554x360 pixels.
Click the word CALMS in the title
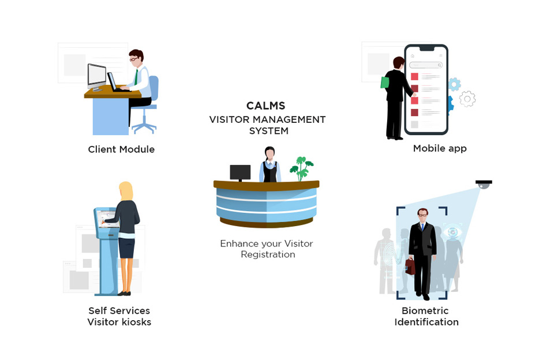[x=265, y=106]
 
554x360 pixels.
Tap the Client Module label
[x=121, y=149]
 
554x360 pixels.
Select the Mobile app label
[x=439, y=148]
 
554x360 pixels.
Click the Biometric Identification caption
[x=426, y=317]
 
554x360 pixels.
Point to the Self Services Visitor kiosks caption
[x=119, y=317]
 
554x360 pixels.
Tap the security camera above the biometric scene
[x=483, y=183]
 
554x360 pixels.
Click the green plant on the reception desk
[x=301, y=168]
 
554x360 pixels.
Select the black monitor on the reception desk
[x=240, y=172]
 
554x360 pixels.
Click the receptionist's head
[x=269, y=153]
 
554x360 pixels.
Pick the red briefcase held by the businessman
[x=410, y=266]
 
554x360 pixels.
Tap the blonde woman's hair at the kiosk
[x=126, y=192]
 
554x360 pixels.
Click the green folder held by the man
[x=385, y=82]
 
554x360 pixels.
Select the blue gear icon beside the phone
[x=454, y=84]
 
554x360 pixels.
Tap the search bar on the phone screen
[x=426, y=65]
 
